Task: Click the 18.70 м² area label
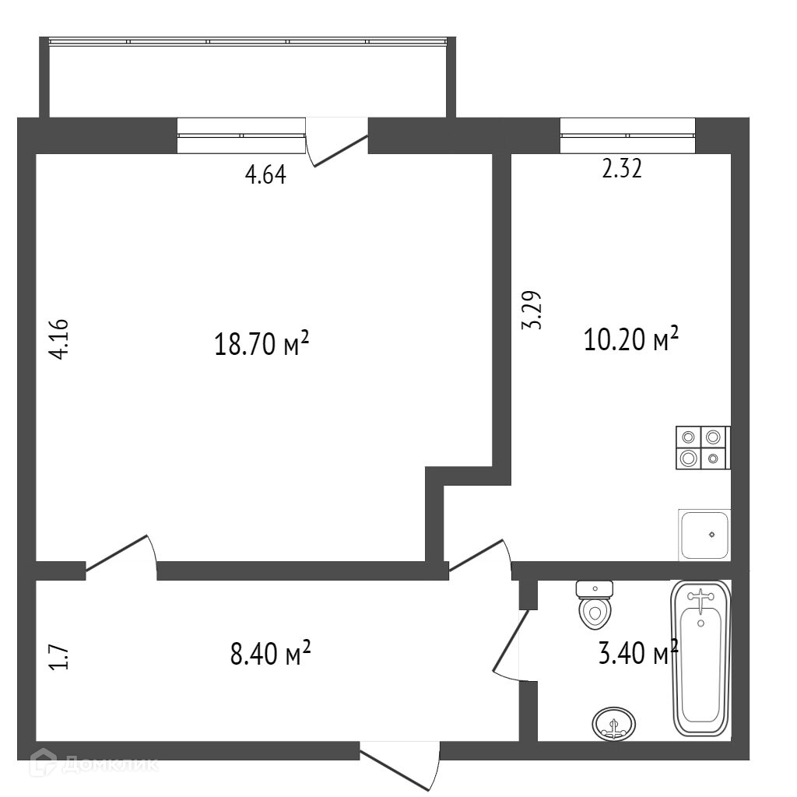point(262,343)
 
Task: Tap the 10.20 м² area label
point(631,339)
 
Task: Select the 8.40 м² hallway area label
point(270,653)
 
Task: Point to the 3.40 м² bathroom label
point(638,652)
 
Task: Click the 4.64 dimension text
point(265,175)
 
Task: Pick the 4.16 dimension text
point(59,339)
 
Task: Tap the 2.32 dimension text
point(622,169)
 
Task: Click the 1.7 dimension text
point(58,656)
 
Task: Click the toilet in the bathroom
point(595,604)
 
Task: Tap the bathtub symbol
point(702,658)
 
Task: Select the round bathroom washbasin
point(614,724)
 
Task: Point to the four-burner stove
point(703,448)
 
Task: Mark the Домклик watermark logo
point(93,763)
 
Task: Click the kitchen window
point(628,135)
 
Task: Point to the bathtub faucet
point(701,600)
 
